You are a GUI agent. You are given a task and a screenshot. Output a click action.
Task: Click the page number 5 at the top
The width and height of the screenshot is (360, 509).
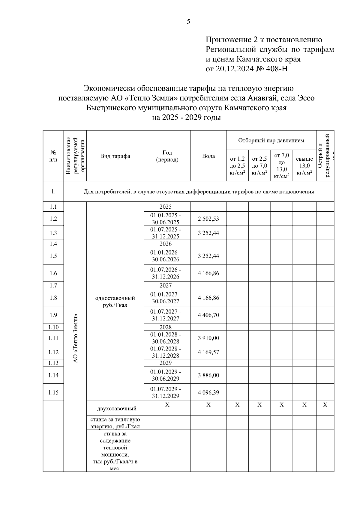point(188,22)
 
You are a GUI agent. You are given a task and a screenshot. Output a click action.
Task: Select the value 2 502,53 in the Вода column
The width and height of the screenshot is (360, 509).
point(208,219)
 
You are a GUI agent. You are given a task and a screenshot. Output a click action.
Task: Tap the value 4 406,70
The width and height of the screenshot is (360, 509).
point(208,315)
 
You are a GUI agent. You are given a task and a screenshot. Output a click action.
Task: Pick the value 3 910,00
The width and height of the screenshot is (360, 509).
point(208,338)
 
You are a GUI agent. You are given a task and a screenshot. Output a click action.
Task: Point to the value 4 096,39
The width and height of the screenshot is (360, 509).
point(208,392)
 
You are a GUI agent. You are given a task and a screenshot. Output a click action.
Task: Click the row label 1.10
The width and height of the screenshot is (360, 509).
point(53,327)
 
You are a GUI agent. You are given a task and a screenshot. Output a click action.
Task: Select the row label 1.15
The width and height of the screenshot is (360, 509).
point(53,392)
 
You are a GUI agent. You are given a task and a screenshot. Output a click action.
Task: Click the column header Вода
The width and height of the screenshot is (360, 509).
point(208,156)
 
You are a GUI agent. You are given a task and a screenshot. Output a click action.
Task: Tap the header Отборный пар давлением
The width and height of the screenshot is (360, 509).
point(271,141)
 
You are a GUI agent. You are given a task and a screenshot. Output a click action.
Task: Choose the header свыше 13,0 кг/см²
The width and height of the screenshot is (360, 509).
point(304,166)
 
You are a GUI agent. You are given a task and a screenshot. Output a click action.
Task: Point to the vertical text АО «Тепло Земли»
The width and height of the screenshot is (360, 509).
point(76,338)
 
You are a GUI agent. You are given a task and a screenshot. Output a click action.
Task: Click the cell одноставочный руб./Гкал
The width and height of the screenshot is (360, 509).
point(115,302)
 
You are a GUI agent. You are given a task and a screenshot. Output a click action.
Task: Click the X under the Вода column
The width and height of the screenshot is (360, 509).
point(208,405)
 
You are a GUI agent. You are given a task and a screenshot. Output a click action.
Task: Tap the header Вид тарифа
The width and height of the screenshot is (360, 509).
point(115,156)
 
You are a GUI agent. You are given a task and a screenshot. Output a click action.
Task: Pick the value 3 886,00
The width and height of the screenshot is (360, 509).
point(208,375)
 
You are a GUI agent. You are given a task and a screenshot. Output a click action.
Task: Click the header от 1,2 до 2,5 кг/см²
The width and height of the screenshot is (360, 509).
point(237,166)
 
